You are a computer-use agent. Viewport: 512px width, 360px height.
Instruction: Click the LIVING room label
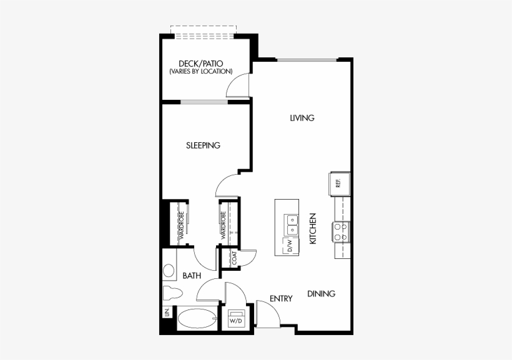pos(302,118)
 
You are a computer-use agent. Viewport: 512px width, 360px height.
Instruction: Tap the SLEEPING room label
pos(203,145)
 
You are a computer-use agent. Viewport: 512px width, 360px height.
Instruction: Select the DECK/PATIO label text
pos(201,63)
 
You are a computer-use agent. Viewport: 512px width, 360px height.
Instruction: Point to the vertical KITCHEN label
pos(313,228)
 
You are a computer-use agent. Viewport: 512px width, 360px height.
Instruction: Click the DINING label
pos(322,294)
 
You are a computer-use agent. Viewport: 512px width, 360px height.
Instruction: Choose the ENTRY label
pos(281,298)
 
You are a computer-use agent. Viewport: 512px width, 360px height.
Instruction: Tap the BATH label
pos(192,276)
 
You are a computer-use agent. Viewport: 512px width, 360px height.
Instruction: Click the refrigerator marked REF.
pos(340,184)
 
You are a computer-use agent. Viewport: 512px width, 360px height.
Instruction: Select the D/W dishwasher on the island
pos(290,245)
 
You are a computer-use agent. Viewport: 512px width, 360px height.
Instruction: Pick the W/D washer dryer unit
pos(236,318)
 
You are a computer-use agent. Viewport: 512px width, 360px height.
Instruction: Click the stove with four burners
pos(341,231)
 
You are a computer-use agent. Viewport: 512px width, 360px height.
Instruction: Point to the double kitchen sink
pos(292,225)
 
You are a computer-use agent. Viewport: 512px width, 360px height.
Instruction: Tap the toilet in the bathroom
pos(172,293)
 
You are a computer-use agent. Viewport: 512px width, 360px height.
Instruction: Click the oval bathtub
pos(197,319)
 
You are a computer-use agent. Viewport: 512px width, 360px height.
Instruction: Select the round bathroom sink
pos(169,271)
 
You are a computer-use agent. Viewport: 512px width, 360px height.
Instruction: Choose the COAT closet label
pos(234,258)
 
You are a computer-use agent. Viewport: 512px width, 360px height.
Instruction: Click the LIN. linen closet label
pos(167,313)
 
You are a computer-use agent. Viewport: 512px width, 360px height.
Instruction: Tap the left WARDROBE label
pos(182,225)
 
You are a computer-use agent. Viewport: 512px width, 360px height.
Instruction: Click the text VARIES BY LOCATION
pos(201,72)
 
